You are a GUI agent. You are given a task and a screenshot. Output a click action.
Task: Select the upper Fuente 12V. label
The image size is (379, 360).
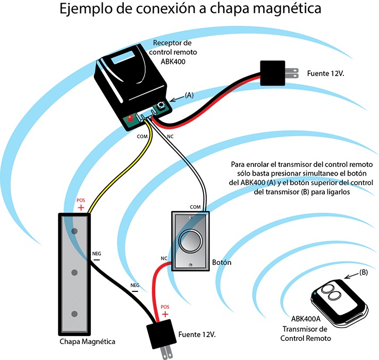click(x=326, y=71)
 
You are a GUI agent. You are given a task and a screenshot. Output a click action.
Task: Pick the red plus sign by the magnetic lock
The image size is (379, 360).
click(x=81, y=207)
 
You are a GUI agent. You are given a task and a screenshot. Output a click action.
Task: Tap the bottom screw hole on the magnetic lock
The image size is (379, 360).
click(x=75, y=314)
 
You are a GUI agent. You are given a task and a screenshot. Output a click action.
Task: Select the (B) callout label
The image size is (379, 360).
click(x=364, y=272)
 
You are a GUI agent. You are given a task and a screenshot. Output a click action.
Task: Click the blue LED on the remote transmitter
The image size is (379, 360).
click(x=316, y=293)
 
